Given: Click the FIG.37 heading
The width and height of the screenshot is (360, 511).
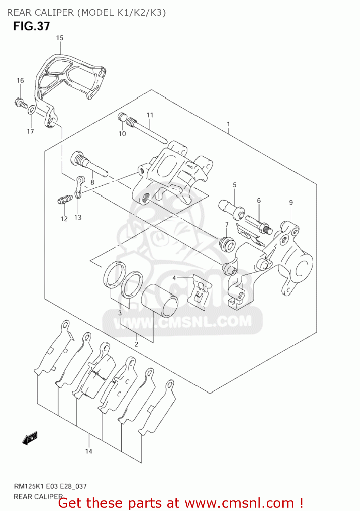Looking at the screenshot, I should [x=32, y=26].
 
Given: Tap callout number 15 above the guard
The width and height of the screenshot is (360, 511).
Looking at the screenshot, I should [x=60, y=38].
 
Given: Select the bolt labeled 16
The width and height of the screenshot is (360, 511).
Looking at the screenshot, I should [x=20, y=102].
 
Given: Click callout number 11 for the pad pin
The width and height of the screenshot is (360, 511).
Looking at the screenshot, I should [x=150, y=115].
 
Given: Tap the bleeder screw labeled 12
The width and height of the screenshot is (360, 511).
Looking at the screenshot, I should [x=64, y=199].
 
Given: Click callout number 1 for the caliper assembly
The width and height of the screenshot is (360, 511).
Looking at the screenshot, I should [x=228, y=124].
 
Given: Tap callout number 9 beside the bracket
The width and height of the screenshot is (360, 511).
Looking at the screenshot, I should [x=291, y=202].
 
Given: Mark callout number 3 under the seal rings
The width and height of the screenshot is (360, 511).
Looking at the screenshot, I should [x=120, y=313].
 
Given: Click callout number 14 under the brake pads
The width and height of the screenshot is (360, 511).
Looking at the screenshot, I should [x=89, y=451].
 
